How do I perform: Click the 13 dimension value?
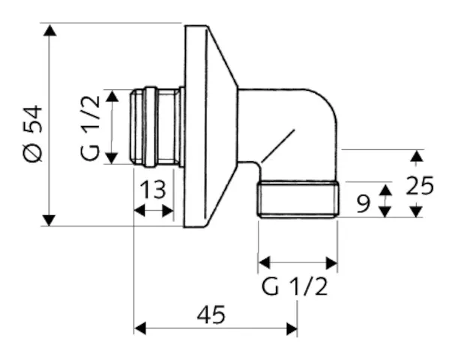tap(153, 190)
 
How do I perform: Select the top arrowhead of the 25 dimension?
tap(416, 154)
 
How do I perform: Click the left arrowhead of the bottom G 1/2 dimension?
tap(264, 262)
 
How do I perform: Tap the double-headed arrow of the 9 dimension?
tap(385, 200)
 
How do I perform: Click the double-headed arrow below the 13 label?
tap(154, 211)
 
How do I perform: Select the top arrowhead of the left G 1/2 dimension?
tap(112, 96)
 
